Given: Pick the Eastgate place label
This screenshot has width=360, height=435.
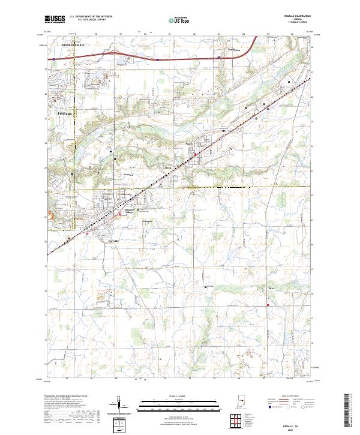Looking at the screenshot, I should click(148, 220).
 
